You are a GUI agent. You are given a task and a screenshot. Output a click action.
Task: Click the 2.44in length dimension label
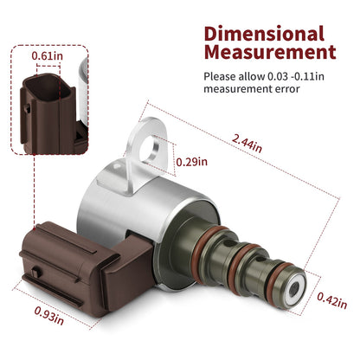(x=247, y=144)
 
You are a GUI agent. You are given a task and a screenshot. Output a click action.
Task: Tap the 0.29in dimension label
(x=192, y=162)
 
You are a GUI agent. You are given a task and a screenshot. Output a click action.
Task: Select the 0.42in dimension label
(x=332, y=300)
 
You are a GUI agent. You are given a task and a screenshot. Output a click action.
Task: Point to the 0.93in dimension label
(x=49, y=315)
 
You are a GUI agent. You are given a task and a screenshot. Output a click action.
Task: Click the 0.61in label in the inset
(x=47, y=55)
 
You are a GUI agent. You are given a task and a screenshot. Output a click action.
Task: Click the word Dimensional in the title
(x=264, y=33)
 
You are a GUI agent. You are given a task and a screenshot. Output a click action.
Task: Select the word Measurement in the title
(x=270, y=52)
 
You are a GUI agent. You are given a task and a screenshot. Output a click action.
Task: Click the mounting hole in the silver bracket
(x=150, y=148)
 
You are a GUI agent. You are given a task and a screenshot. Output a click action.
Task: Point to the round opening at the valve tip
(x=294, y=289)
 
